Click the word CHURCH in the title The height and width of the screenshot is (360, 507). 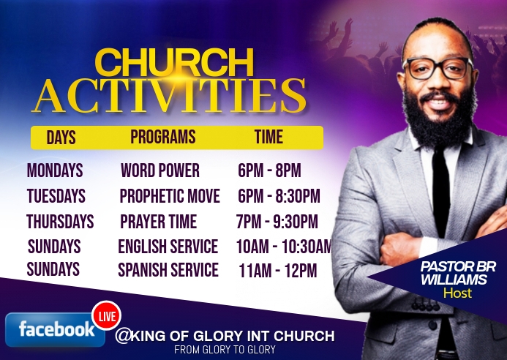(174, 64)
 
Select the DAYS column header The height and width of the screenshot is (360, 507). (61, 138)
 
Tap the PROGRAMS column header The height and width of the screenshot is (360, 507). (162, 137)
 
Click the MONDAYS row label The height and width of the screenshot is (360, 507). (55, 171)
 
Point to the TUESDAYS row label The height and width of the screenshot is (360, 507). (56, 196)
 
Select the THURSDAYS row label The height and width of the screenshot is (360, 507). (60, 221)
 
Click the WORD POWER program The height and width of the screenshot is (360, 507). (159, 171)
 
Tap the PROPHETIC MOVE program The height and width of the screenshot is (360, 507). (169, 196)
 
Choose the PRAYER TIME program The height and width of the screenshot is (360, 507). (158, 221)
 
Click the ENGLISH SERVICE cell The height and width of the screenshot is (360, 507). (168, 247)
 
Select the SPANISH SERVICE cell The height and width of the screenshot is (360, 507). (168, 270)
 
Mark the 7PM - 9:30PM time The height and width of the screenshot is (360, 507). (277, 222)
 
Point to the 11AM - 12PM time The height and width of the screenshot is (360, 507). (277, 271)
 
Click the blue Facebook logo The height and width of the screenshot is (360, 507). (50, 329)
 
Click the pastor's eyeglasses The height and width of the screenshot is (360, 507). (437, 68)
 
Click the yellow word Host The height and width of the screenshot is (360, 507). (457, 293)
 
